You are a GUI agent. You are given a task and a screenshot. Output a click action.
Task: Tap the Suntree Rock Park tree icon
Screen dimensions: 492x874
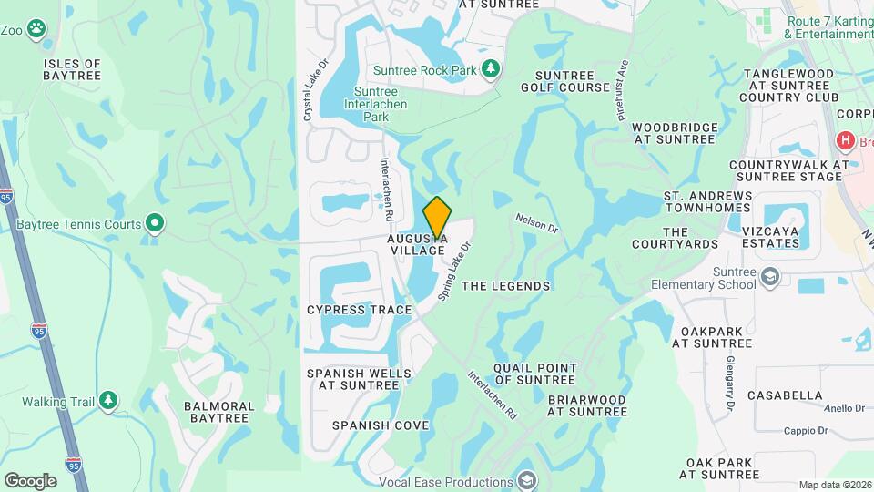coord(491,69)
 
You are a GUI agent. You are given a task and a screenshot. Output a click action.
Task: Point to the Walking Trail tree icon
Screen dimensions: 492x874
coord(108,400)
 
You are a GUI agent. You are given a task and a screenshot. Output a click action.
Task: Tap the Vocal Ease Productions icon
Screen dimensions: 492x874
coord(526,480)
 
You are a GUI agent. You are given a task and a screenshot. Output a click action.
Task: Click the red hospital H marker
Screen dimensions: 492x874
coord(846,142)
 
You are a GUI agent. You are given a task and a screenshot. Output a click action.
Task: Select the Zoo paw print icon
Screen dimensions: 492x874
coord(36,29)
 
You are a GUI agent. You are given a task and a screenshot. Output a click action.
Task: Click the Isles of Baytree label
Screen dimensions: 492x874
coord(72,69)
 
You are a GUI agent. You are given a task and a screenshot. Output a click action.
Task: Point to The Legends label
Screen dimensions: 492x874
coord(506,286)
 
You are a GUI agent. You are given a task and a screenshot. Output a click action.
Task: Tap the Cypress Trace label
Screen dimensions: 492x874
coord(360,310)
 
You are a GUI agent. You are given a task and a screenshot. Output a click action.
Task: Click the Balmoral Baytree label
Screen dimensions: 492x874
coord(217,412)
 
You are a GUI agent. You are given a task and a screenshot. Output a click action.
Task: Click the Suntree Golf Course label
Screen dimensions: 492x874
coord(565,81)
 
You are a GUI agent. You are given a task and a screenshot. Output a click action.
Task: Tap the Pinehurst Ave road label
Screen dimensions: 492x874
coord(623,81)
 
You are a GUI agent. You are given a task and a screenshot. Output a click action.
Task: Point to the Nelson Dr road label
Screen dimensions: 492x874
coord(535,223)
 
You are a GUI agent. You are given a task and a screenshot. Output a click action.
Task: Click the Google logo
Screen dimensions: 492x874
coord(30,480)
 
